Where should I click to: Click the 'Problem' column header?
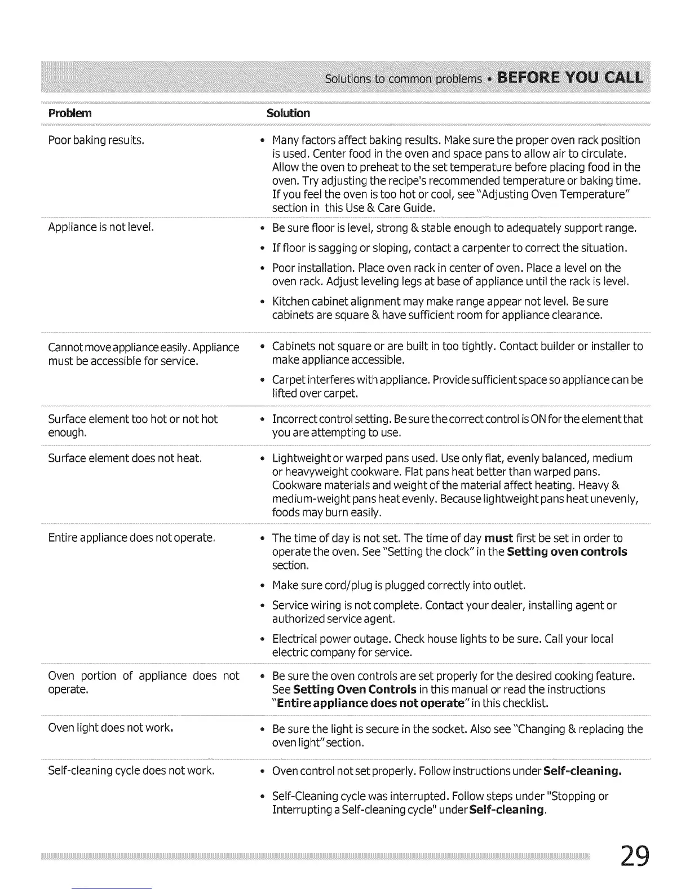click(x=70, y=113)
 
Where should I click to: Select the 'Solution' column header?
click(x=288, y=113)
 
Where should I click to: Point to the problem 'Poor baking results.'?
click(x=96, y=140)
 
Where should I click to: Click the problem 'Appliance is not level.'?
click(x=101, y=227)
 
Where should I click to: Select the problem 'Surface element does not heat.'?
click(x=125, y=458)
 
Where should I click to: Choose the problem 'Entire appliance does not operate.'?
click(x=132, y=538)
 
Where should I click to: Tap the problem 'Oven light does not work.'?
click(x=110, y=727)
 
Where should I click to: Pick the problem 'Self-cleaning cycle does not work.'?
click(x=131, y=770)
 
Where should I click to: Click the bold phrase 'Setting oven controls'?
click(x=567, y=551)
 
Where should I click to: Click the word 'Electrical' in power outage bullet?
click(x=296, y=639)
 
